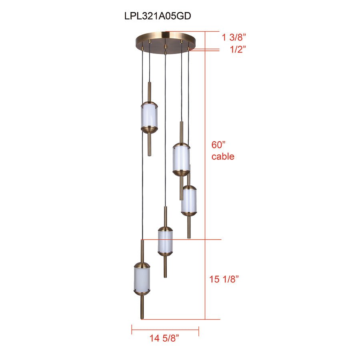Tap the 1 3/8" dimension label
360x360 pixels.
point(234,38)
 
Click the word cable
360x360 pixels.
point(223,156)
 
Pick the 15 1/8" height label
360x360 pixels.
point(224,279)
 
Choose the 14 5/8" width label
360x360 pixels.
point(164,339)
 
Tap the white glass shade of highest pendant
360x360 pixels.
point(149,116)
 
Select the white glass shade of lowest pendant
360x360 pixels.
point(142,279)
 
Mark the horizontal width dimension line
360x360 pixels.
point(165,330)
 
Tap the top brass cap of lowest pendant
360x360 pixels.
point(142,265)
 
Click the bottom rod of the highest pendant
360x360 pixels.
point(149,144)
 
